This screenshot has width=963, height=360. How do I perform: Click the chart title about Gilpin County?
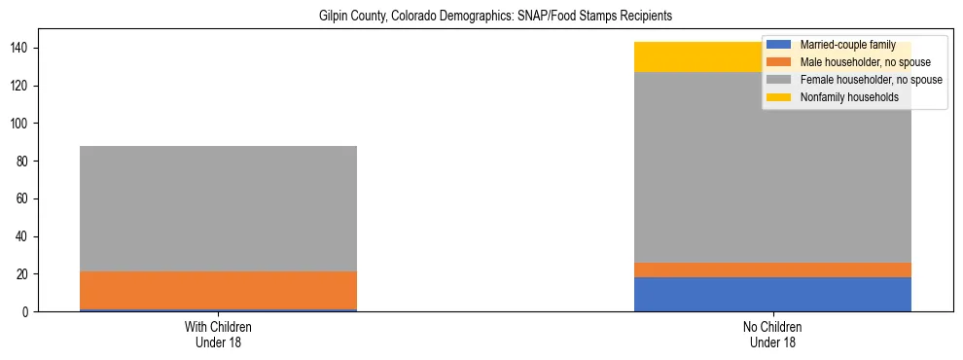(496, 17)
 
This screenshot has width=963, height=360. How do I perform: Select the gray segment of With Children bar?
(218, 208)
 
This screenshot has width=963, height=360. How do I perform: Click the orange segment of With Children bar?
(218, 290)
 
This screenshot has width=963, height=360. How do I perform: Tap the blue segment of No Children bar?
(772, 294)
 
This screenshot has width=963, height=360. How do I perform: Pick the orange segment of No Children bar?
(772, 270)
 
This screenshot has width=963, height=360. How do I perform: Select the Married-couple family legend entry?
(843, 45)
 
